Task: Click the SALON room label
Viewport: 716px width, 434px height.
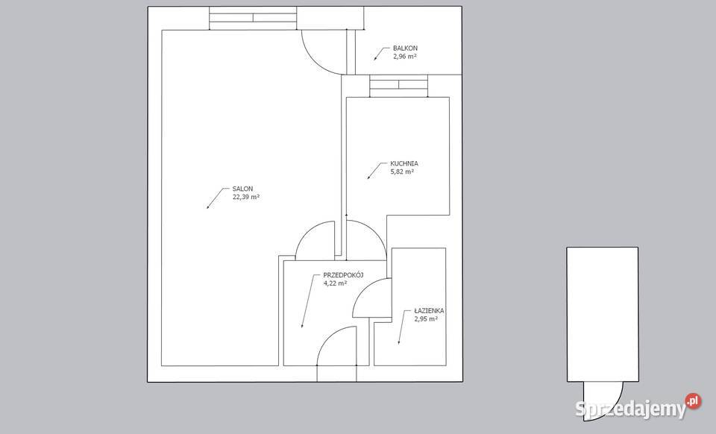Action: point(242,189)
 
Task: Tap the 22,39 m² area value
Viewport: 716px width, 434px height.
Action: point(246,197)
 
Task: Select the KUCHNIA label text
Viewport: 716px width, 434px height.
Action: point(404,163)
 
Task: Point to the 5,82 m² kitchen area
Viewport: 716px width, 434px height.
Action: point(402,172)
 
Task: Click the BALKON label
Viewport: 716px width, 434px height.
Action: point(405,48)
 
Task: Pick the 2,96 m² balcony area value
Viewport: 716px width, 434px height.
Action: point(404,57)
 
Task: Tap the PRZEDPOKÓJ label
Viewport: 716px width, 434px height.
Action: point(343,274)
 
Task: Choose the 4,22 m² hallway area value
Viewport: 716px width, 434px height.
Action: point(335,283)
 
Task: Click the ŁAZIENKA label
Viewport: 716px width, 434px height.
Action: point(429,311)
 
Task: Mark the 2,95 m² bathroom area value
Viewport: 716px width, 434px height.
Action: point(426,319)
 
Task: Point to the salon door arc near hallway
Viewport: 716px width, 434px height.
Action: point(307,232)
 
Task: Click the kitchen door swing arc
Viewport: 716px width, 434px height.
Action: point(376,232)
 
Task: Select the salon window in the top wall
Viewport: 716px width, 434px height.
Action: point(253,18)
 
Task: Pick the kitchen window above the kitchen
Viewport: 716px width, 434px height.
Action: point(398,86)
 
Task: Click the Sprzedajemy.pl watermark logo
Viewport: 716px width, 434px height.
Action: point(638,406)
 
